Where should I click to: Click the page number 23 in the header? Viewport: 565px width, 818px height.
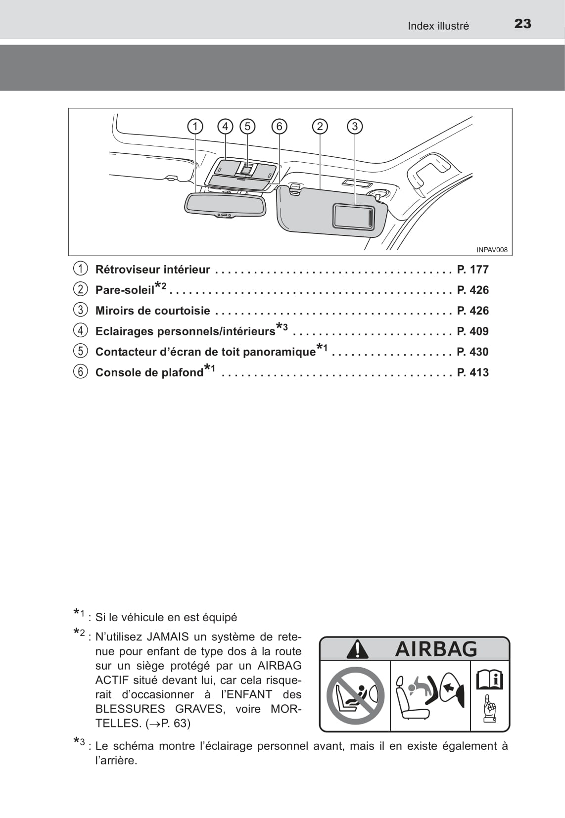pos(522,24)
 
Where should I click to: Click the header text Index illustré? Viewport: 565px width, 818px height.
pos(438,26)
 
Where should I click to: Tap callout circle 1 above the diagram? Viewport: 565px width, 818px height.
pos(195,127)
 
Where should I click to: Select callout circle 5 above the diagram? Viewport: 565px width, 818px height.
pos(247,127)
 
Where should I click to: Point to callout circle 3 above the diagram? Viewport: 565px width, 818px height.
pos(355,127)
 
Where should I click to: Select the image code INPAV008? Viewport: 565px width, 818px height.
pos(492,250)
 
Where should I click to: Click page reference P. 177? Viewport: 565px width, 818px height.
pos(472,270)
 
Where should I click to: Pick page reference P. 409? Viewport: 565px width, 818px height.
pos(472,331)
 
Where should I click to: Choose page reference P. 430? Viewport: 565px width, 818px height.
pos(472,352)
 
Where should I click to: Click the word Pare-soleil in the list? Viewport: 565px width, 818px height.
pos(125,290)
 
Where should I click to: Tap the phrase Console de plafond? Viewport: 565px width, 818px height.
pos(149,372)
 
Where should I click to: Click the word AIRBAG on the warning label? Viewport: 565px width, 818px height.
pos(436,649)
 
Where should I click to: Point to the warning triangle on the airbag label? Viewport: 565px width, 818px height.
pos(357,649)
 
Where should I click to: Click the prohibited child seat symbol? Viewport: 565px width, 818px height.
pos(355,695)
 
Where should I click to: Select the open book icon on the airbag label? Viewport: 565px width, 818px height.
pos(489,680)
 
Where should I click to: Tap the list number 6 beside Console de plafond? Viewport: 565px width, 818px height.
pos(80,372)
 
